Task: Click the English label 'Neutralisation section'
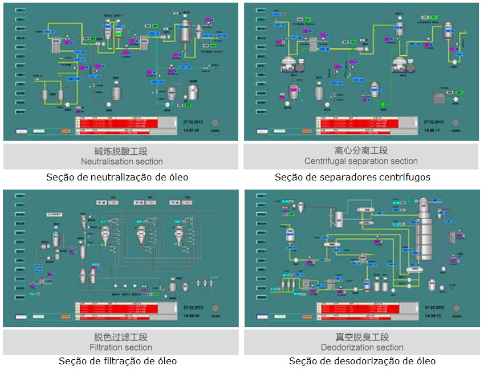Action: pyautogui.click(x=121, y=161)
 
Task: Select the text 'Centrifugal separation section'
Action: pyautogui.click(x=361, y=161)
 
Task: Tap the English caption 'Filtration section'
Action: pyautogui.click(x=121, y=347)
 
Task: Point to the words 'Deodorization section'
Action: pyautogui.click(x=362, y=347)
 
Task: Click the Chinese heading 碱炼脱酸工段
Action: pyautogui.click(x=121, y=151)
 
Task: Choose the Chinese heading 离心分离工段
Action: pyautogui.click(x=361, y=151)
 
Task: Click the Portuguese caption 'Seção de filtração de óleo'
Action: pyautogui.click(x=118, y=361)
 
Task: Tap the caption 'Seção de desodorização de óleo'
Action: pyautogui.click(x=362, y=361)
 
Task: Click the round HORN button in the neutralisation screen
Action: pyautogui.click(x=215, y=124)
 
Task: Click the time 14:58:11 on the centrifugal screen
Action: pyautogui.click(x=432, y=130)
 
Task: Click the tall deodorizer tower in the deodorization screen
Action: pyautogui.click(x=424, y=228)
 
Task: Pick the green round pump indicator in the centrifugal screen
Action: pyautogui.click(x=383, y=105)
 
